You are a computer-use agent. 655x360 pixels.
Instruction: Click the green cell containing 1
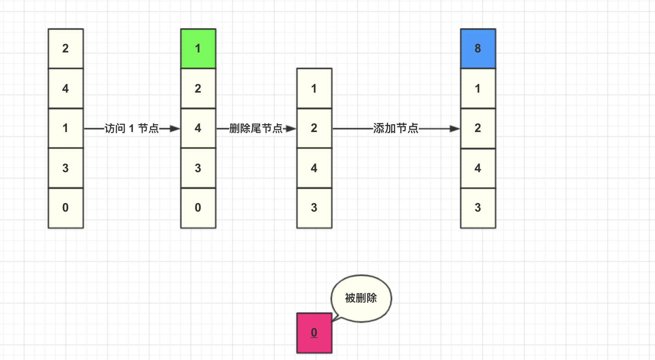[198, 48]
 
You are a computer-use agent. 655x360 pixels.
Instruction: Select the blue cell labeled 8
[478, 48]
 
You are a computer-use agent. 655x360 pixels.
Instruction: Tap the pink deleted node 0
[314, 333]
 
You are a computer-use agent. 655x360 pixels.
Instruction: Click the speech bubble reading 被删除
[361, 298]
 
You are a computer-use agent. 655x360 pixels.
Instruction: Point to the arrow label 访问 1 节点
[132, 129]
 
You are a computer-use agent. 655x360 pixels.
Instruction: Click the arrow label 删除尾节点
[256, 129]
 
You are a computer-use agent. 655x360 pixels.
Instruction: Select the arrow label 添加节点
[396, 129]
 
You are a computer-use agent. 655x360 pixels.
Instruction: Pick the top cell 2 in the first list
[65, 48]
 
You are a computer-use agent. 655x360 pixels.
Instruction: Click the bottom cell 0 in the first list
[65, 208]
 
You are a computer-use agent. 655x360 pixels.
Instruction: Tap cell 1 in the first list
[65, 128]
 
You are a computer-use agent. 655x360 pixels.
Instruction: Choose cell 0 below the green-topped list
[198, 208]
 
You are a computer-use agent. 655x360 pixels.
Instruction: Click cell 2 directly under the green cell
[198, 89]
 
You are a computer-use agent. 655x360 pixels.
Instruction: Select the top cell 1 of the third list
[314, 89]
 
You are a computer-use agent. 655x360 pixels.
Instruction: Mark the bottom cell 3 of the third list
[314, 208]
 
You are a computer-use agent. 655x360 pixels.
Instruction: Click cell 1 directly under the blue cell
[478, 89]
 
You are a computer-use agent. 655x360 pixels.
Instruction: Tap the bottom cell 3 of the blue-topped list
[478, 208]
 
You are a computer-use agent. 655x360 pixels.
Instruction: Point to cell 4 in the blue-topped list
[478, 168]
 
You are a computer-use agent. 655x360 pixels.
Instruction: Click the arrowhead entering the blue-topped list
[455, 129]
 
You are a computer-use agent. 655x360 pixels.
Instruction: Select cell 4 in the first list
[65, 89]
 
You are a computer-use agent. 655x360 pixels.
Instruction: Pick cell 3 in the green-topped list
[198, 168]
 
